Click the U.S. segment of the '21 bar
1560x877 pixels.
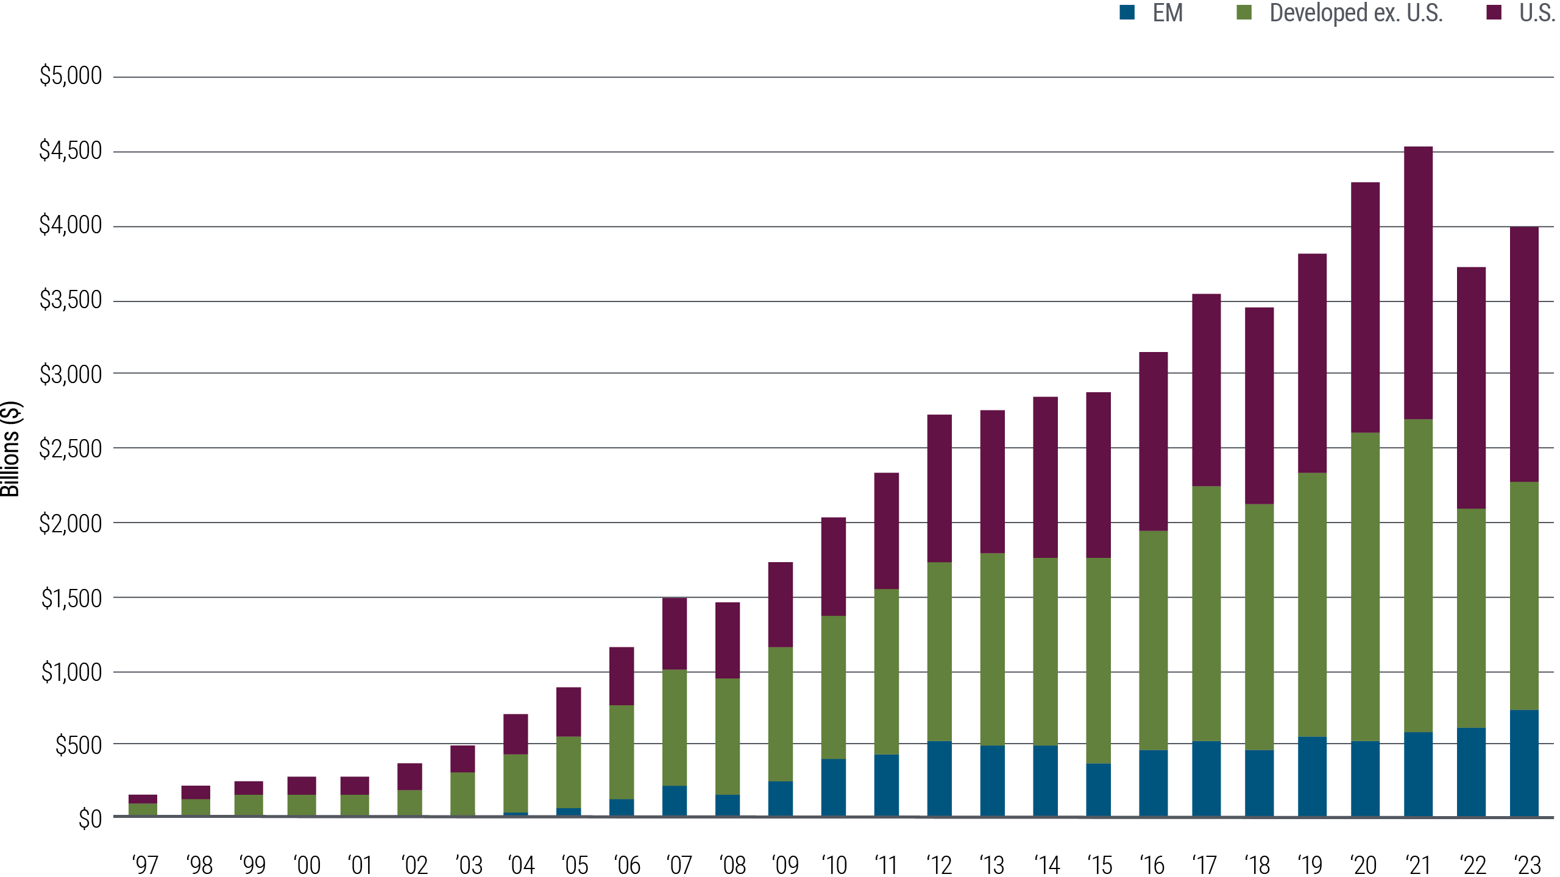coord(1418,283)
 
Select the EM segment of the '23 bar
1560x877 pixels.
coord(1524,763)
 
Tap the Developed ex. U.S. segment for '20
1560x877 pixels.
coord(1365,587)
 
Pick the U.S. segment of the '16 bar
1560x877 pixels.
coord(1154,442)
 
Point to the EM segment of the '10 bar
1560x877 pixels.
coord(834,787)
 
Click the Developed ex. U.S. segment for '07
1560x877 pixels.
coord(675,728)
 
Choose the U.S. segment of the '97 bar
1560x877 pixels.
coord(143,798)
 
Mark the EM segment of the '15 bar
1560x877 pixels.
coord(1098,789)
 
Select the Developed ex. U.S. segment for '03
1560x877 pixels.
coord(463,794)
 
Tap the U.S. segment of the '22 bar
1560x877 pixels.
coord(1471,387)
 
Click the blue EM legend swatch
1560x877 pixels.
coord(1127,12)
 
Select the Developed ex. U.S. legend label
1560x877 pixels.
coord(1356,13)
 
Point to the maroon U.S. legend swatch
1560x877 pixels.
coord(1494,12)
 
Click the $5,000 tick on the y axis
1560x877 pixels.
coord(71,76)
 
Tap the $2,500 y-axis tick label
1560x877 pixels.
coord(71,449)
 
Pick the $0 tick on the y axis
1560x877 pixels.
coord(90,820)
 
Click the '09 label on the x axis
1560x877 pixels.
coord(785,865)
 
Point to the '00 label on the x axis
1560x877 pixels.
coord(307,865)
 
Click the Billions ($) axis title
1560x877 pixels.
coord(10,449)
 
